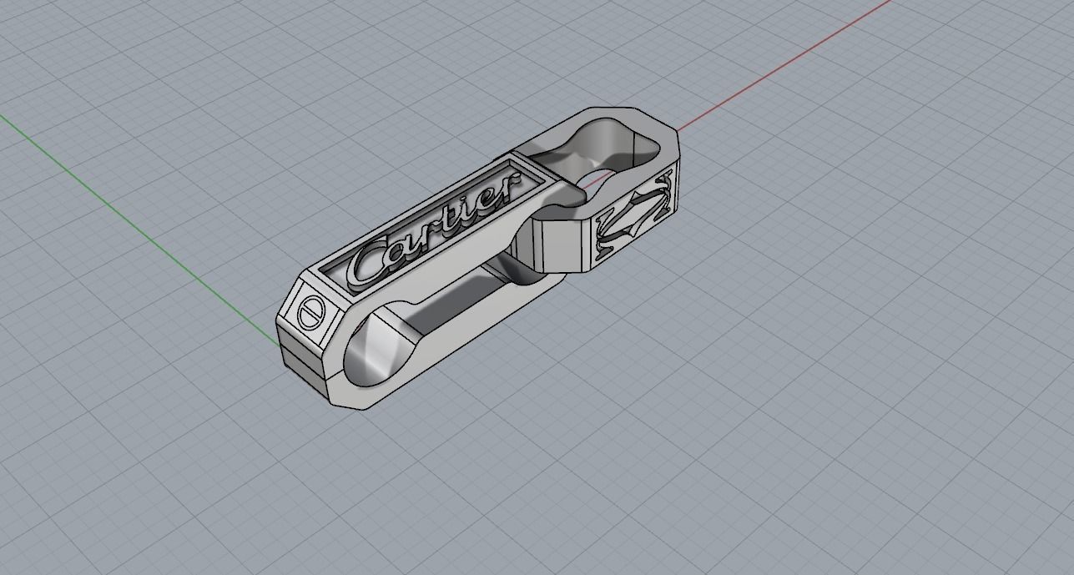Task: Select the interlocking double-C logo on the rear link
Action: pos(634,217)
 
